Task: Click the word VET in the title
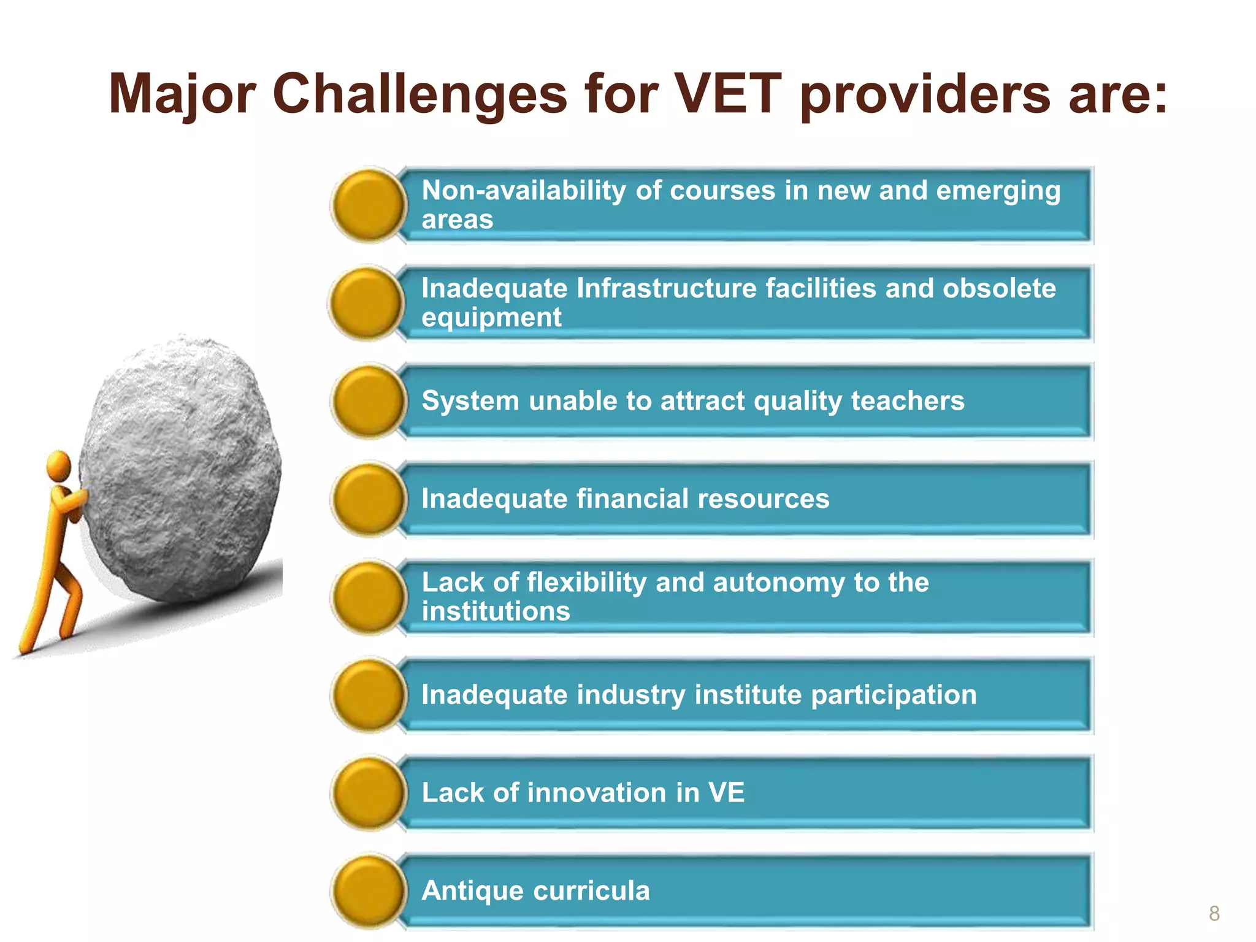[x=727, y=94]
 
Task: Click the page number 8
[x=1214, y=914]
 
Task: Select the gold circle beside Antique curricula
[x=369, y=891]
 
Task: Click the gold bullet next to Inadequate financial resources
[x=369, y=499]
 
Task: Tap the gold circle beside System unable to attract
[x=369, y=402]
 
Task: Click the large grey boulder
[x=181, y=466]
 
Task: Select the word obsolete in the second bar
[x=999, y=288]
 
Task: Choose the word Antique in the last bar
[x=472, y=891]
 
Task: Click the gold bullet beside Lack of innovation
[x=369, y=793]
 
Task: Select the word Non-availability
[x=524, y=191]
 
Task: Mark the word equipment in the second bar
[x=491, y=318]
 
